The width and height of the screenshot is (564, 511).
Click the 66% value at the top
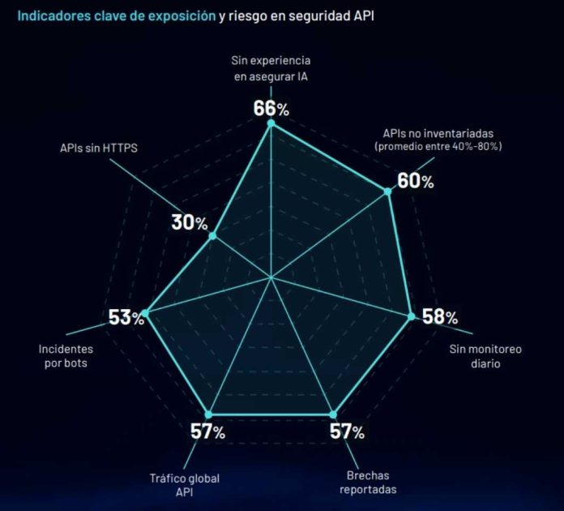tap(271, 107)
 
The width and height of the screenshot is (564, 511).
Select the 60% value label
tap(415, 181)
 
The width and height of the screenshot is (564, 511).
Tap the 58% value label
tap(439, 316)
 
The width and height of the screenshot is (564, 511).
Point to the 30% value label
tap(189, 223)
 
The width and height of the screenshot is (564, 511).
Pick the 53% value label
tap(126, 317)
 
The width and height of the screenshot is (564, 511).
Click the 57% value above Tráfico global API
tap(207, 432)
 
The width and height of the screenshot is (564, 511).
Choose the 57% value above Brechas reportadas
tap(347, 432)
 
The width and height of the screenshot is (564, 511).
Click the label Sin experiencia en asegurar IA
tap(271, 68)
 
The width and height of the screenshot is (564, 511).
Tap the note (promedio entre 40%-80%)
tap(438, 146)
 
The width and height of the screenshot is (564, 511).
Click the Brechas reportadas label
tap(369, 483)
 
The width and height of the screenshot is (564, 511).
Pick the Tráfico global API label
tap(184, 484)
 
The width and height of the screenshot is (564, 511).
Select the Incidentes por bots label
tap(65, 356)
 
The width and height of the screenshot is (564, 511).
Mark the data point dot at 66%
tap(271, 124)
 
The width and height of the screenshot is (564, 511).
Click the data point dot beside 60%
tap(387, 191)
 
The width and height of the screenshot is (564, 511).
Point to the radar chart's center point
tap(271, 278)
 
